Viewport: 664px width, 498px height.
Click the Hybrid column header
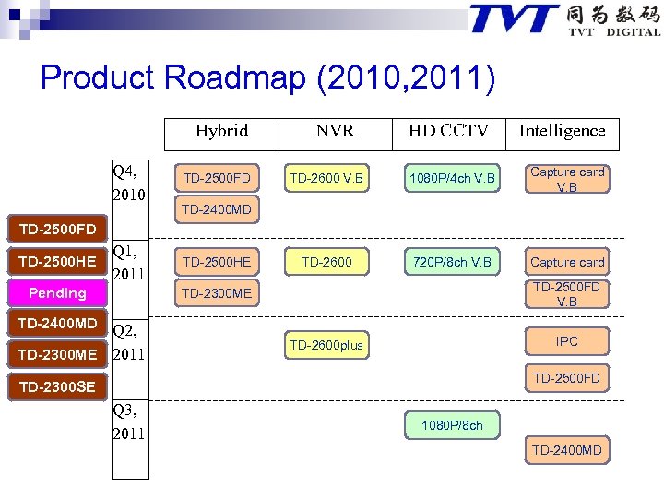[221, 132]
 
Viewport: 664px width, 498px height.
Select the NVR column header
[335, 132]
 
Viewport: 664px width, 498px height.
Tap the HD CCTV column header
[448, 132]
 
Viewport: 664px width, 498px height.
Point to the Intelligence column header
[562, 132]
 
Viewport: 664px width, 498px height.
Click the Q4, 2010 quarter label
[130, 183]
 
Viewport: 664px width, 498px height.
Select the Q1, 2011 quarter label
[130, 261]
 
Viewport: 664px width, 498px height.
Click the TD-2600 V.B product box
[326, 177]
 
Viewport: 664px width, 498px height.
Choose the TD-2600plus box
[326, 345]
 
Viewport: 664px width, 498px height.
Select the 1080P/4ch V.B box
[453, 177]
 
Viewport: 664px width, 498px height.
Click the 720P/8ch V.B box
[453, 262]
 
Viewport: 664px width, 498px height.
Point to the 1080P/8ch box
[453, 425]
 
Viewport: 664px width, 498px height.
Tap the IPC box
[567, 341]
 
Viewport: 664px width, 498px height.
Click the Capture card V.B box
[567, 179]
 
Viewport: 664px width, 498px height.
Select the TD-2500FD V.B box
[567, 293]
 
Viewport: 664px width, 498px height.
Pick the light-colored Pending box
[56, 293]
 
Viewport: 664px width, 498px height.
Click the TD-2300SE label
[56, 386]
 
